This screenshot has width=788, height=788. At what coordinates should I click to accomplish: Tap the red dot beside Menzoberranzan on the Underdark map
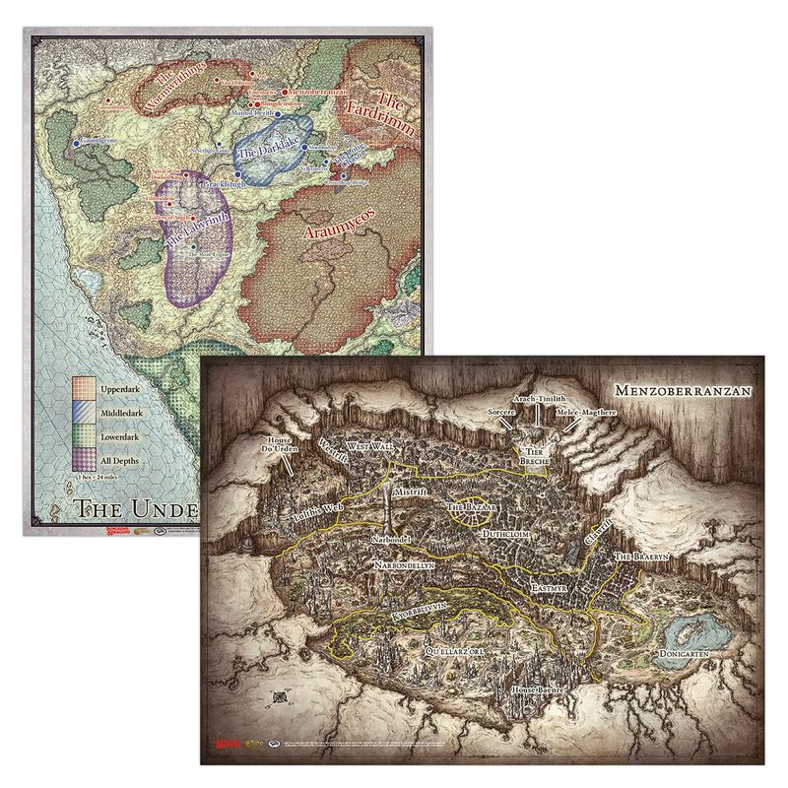285,92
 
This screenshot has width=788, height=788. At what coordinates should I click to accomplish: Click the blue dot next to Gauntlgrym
76,144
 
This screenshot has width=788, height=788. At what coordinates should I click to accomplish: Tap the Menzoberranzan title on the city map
679,392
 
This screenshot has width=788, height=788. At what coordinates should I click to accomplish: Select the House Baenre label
537,690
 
